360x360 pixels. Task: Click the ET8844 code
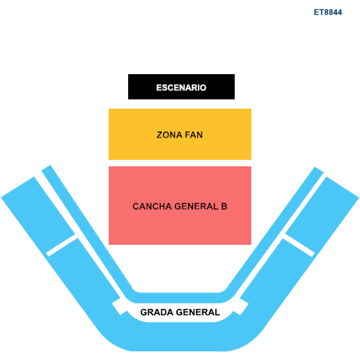tap(328, 12)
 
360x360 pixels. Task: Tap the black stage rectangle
tap(181, 86)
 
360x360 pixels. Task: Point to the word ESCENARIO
tap(181, 88)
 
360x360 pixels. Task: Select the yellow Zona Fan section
tap(180, 134)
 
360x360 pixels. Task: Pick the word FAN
tap(194, 135)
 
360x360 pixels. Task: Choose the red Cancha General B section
tap(180, 205)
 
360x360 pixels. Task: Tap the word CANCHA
tap(152, 207)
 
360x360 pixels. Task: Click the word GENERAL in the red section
tap(197, 207)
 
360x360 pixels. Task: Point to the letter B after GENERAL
tap(224, 207)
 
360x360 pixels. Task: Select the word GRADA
tap(157, 312)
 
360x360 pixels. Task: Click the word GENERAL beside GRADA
tap(198, 312)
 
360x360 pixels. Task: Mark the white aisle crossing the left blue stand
tap(62, 245)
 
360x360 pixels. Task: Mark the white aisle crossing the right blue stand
tap(298, 245)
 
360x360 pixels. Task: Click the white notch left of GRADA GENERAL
tap(120, 307)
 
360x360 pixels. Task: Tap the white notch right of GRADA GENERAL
tap(240, 307)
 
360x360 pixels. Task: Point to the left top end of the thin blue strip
tap(46, 168)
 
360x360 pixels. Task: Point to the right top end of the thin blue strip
tap(319, 170)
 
